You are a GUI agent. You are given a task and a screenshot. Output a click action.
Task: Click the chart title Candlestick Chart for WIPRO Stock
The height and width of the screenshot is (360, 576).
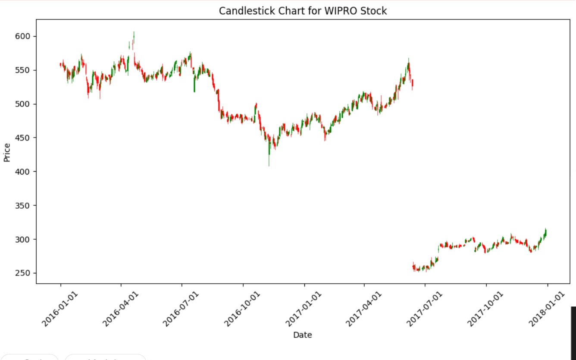point(303,11)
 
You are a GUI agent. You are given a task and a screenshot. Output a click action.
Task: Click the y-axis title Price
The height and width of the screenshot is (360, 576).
point(7,153)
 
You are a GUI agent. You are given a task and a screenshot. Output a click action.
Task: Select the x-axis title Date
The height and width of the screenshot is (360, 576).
point(302,335)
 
